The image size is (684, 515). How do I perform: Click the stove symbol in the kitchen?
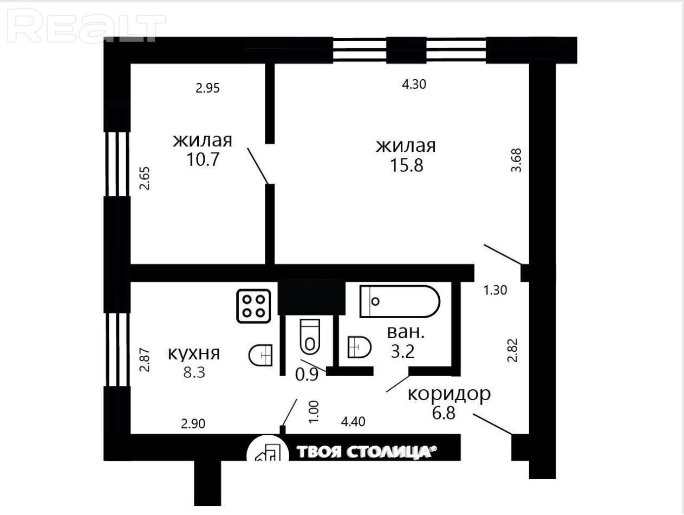tap(253, 306)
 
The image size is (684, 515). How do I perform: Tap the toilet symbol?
tap(310, 337)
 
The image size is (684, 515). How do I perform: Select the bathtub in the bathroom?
tap(400, 301)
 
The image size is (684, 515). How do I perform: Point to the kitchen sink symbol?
tap(260, 355)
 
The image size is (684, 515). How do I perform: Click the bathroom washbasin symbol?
tap(359, 347)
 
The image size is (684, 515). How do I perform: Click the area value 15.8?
tap(407, 165)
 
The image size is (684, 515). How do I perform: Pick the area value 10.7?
tap(203, 159)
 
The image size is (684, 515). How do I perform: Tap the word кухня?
tap(194, 354)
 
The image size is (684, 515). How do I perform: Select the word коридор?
tap(449, 395)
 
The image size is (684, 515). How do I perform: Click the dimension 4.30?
tap(414, 84)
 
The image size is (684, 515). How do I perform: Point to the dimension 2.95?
tap(208, 88)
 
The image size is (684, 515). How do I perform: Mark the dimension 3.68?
tap(516, 160)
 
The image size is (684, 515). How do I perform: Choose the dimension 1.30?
tap(495, 290)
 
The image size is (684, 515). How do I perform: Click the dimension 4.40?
tap(353, 422)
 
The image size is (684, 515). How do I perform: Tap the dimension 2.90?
tap(193, 423)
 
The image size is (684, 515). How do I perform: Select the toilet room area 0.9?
tap(307, 375)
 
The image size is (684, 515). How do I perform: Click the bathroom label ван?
tap(406, 332)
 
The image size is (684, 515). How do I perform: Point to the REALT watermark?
tap(86, 26)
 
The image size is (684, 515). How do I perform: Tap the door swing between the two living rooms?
tap(258, 166)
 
